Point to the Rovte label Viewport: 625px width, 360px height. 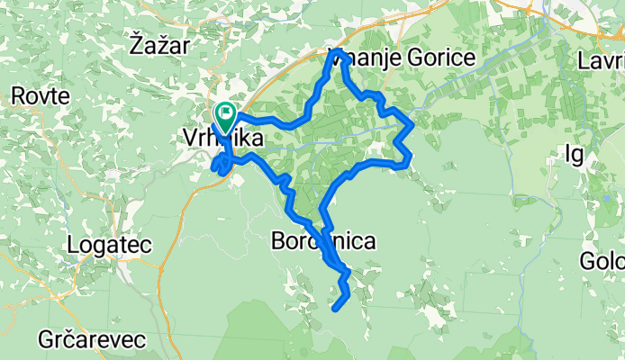coord(37,95)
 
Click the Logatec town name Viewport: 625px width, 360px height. coord(110,245)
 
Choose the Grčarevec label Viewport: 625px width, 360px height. coord(82,339)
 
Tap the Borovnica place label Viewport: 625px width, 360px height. coord(322,241)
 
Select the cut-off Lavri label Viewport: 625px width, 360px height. coord(602,61)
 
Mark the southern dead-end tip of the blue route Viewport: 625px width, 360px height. coord(335,310)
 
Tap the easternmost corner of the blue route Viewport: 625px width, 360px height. coord(412,123)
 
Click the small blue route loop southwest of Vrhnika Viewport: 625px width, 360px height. coord(219,164)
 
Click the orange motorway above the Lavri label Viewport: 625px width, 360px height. coord(605,31)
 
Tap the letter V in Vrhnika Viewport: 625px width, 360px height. coord(189,139)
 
